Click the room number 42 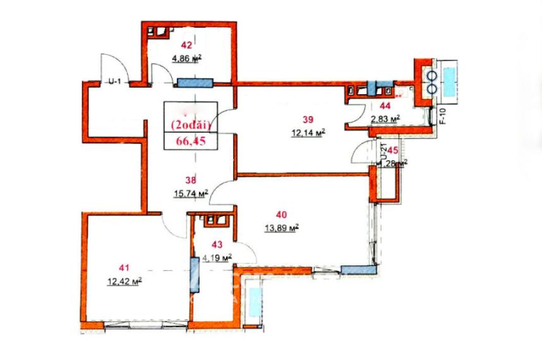[186, 45]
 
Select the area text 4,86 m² [186, 59]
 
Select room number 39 [308, 119]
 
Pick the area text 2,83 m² [385, 118]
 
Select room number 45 [392, 150]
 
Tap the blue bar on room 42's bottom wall [195, 82]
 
